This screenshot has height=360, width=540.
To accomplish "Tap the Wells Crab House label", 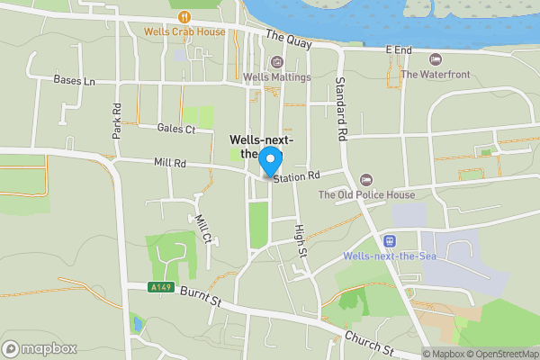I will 184,31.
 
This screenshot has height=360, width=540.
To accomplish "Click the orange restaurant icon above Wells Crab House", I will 184,16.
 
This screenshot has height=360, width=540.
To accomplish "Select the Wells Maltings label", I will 276,77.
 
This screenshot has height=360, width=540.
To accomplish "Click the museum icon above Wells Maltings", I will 276,62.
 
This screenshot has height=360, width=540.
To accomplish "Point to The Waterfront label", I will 436,75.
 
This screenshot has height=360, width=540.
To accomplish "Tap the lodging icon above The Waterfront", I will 436,59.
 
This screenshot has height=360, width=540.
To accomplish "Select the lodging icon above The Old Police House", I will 365,179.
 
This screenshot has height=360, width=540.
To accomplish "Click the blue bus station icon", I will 390,240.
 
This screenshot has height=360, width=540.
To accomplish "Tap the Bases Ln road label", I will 74,80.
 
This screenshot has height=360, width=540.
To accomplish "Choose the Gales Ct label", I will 175,129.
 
